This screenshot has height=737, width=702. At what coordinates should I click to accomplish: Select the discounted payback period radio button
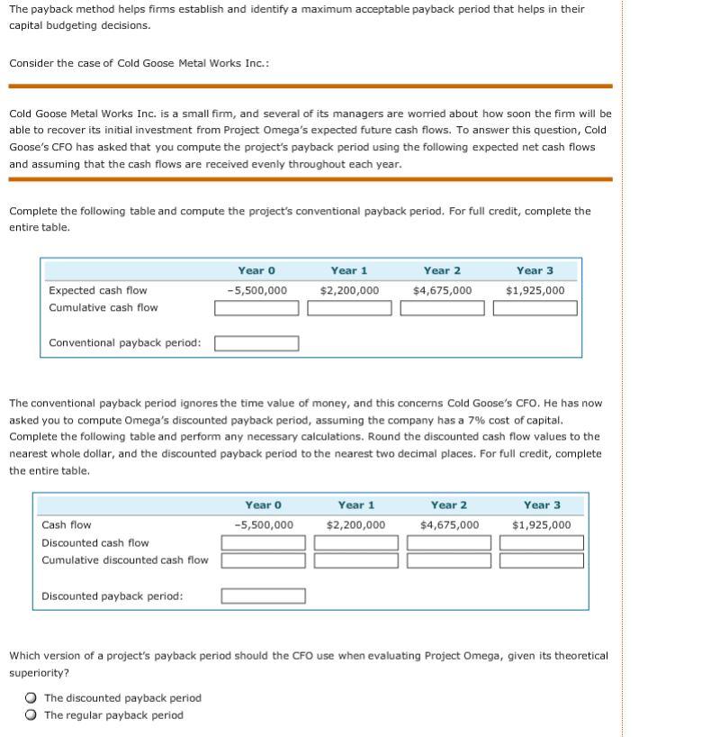click(31, 697)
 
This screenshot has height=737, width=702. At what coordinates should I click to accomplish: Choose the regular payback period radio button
click(31, 715)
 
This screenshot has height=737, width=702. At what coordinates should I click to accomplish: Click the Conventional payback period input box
click(256, 343)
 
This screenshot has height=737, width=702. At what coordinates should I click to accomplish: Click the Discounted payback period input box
click(264, 596)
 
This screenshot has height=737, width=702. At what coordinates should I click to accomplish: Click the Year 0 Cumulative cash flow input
click(256, 308)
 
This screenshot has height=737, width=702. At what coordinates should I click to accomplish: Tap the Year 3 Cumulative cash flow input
click(535, 308)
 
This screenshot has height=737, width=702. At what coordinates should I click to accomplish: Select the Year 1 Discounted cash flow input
click(356, 542)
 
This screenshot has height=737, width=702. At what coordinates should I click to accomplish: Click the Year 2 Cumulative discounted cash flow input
click(449, 560)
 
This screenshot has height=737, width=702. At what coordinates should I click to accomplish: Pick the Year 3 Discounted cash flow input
click(542, 542)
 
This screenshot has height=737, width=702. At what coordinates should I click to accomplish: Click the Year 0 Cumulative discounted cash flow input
click(264, 560)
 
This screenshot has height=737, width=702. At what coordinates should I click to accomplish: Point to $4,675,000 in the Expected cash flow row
click(442, 290)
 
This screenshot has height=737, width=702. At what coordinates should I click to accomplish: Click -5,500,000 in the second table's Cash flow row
click(264, 524)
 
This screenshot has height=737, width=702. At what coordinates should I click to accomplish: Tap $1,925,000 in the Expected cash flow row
click(535, 290)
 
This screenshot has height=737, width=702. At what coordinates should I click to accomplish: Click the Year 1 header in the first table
click(349, 270)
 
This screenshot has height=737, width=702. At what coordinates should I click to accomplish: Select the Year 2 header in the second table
click(449, 505)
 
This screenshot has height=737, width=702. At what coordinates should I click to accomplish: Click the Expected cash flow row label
click(98, 290)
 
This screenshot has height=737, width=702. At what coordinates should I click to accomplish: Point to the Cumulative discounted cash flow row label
click(125, 560)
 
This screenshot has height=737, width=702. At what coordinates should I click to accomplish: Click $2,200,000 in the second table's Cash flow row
click(356, 524)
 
